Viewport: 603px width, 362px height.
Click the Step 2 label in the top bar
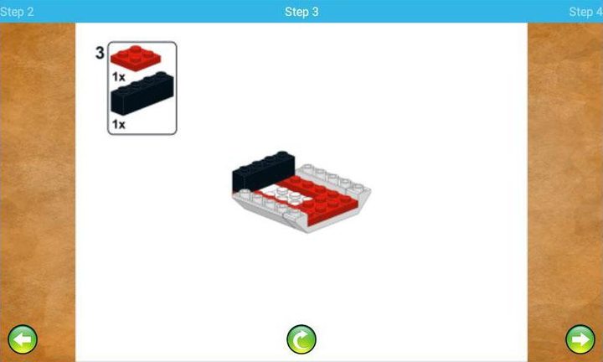17,12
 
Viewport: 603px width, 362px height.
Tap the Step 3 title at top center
301,12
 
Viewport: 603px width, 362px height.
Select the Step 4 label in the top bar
585,12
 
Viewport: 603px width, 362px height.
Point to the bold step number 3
100,54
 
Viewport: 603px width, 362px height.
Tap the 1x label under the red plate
118,75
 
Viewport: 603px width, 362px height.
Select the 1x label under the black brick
118,124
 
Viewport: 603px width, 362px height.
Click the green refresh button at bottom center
301,339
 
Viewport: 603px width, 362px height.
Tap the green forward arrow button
580,339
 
